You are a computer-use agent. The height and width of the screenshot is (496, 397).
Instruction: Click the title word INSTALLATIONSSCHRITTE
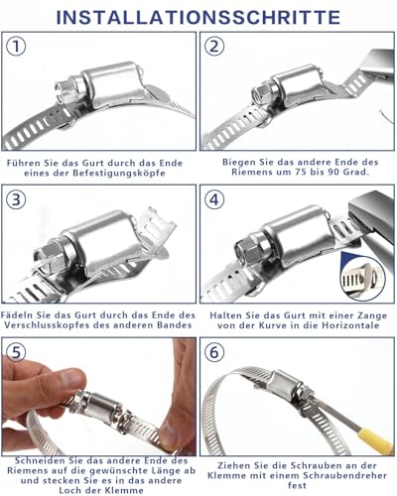pyautogui.click(x=198, y=18)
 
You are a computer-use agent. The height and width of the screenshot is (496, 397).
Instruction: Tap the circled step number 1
pyautogui.click(x=16, y=47)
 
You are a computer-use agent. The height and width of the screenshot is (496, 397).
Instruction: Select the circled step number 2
pyautogui.click(x=214, y=47)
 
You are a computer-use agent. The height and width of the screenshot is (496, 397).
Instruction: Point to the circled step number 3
pyautogui.click(x=16, y=199)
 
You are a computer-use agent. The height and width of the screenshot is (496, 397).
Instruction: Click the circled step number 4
pyautogui.click(x=214, y=199)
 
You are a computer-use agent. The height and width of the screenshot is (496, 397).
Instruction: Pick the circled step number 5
pyautogui.click(x=16, y=352)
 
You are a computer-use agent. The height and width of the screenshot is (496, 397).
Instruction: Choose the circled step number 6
pyautogui.click(x=214, y=352)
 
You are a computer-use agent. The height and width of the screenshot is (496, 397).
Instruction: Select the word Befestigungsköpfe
pyautogui.click(x=119, y=173)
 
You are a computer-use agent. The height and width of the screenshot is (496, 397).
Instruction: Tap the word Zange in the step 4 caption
pyautogui.click(x=370, y=315)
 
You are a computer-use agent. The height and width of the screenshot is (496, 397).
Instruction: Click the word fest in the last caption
pyautogui.click(x=297, y=486)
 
